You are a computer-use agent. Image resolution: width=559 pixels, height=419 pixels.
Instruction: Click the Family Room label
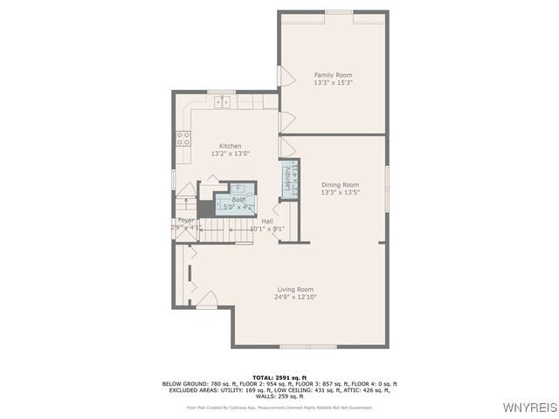pos(332,75)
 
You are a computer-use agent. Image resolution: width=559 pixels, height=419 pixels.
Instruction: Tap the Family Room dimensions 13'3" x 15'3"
pos(332,83)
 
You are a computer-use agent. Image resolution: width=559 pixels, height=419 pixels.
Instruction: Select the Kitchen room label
pos(230,146)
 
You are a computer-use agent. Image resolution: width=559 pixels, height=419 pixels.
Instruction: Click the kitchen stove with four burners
pos(183,138)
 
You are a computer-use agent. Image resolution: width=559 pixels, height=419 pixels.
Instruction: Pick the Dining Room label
pos(340,185)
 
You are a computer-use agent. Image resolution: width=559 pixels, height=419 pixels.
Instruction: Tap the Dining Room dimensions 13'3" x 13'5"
pos(340,193)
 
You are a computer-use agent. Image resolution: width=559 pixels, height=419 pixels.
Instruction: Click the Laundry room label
pos(286,178)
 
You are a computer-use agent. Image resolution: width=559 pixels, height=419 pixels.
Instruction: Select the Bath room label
pos(238,200)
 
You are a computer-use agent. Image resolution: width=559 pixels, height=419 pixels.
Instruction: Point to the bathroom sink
pos(238,189)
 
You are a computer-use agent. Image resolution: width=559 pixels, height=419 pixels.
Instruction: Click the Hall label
pos(266,222)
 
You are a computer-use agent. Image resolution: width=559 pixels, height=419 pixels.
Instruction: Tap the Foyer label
pos(185,220)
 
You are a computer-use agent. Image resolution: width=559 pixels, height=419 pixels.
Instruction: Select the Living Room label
pos(295,289)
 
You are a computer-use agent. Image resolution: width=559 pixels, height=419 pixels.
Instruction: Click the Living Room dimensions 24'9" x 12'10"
pos(295,297)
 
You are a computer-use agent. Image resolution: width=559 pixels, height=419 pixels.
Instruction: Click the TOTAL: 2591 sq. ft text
pos(279,377)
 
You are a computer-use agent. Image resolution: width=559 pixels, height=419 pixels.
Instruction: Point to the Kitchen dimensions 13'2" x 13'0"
pos(230,154)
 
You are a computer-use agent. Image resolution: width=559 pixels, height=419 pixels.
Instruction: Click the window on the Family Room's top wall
pos(339,12)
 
